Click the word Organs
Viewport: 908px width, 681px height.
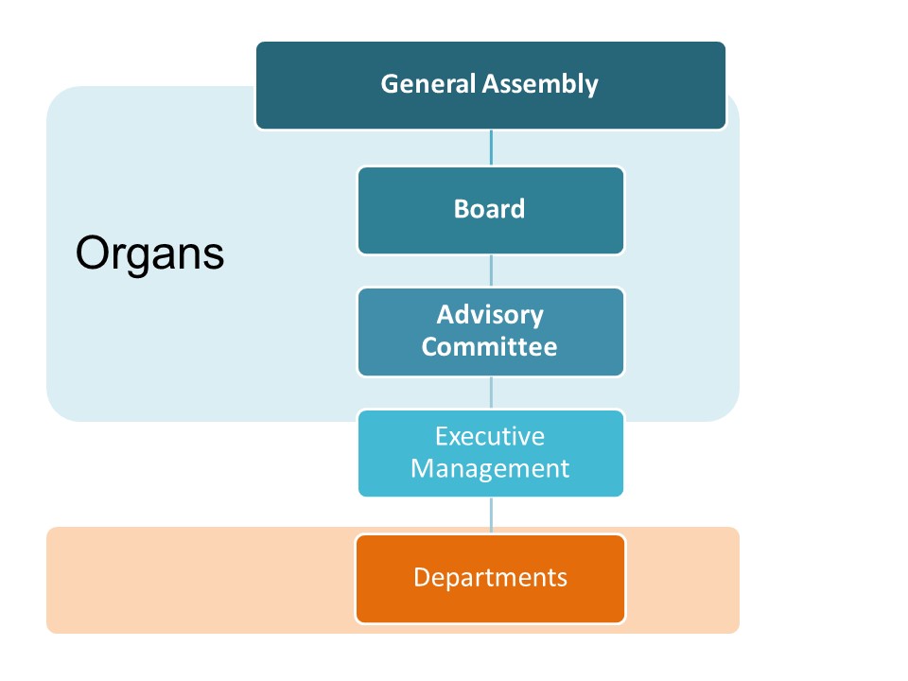149,253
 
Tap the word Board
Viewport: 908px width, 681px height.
489,208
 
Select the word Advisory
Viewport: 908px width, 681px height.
490,315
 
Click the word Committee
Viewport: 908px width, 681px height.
489,346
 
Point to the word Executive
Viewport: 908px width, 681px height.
490,436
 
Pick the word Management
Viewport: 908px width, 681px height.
490,468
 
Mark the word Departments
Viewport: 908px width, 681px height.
490,577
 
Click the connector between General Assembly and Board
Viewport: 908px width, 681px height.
491,148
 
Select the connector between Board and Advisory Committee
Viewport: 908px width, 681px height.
491,271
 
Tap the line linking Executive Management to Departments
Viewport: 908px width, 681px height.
491,515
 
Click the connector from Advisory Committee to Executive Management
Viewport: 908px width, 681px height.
491,393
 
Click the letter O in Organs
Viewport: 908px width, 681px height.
94,253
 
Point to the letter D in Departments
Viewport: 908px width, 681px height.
422,577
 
